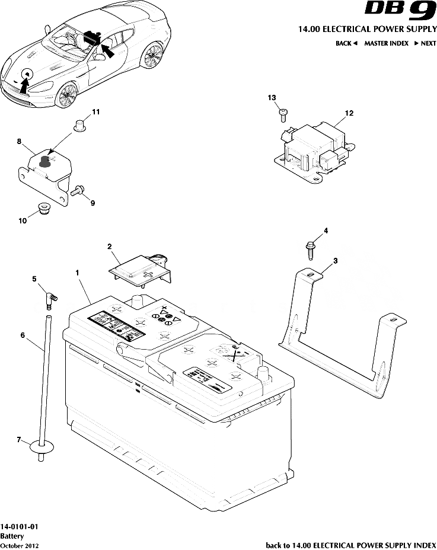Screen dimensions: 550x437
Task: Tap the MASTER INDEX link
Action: click(x=386, y=43)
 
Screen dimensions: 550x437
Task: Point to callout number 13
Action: click(x=272, y=97)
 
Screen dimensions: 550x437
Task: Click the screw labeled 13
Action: click(x=283, y=112)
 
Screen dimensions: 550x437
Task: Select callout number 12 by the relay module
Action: click(x=349, y=113)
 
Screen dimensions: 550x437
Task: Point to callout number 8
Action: click(x=20, y=142)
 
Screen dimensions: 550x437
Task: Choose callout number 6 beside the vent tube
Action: click(x=23, y=335)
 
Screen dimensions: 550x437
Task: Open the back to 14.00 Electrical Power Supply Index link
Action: click(x=350, y=544)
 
